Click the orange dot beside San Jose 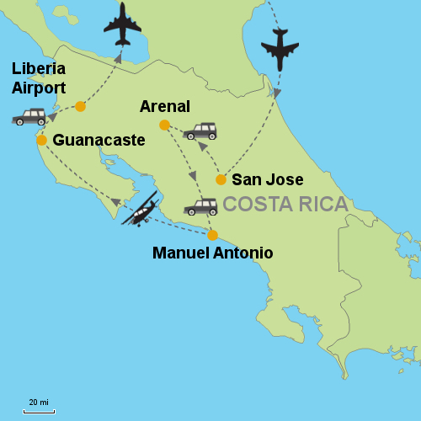[221, 179]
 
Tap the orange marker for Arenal [164, 125]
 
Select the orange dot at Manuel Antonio [212, 235]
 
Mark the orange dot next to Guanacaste [41, 140]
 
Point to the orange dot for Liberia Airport [80, 106]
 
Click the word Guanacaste [99, 141]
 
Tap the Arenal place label [166, 106]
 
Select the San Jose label [267, 179]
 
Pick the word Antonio [245, 253]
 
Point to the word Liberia [39, 68]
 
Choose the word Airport [38, 87]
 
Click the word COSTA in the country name [256, 205]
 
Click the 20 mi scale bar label [38, 402]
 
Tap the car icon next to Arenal [200, 131]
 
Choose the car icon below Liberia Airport [29, 117]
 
